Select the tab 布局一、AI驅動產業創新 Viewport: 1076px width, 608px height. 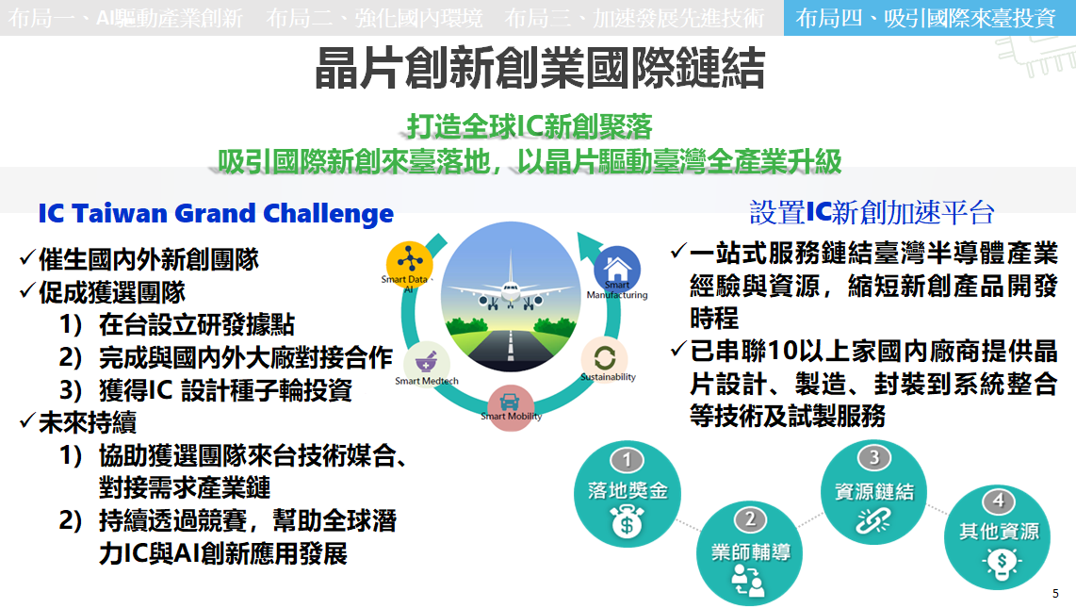[x=125, y=18]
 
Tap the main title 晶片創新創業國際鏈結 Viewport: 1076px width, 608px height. [x=539, y=68]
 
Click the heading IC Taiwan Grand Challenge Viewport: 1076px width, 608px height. [x=216, y=213]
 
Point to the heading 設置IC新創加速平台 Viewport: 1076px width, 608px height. [x=872, y=213]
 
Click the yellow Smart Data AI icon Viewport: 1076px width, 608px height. [x=410, y=263]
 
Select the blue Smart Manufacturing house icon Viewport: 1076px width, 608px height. [x=617, y=269]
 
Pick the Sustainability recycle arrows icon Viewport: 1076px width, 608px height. [x=605, y=358]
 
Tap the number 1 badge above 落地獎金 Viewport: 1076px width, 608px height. [x=627, y=460]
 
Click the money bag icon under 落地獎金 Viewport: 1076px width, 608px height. [x=627, y=522]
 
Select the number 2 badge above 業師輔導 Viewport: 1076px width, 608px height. [x=750, y=519]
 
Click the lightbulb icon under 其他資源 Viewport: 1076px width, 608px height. [x=1001, y=564]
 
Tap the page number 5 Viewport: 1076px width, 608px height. [x=1055, y=594]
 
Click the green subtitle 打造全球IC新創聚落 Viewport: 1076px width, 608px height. [x=530, y=126]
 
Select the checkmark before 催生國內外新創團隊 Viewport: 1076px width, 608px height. [x=27, y=258]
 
